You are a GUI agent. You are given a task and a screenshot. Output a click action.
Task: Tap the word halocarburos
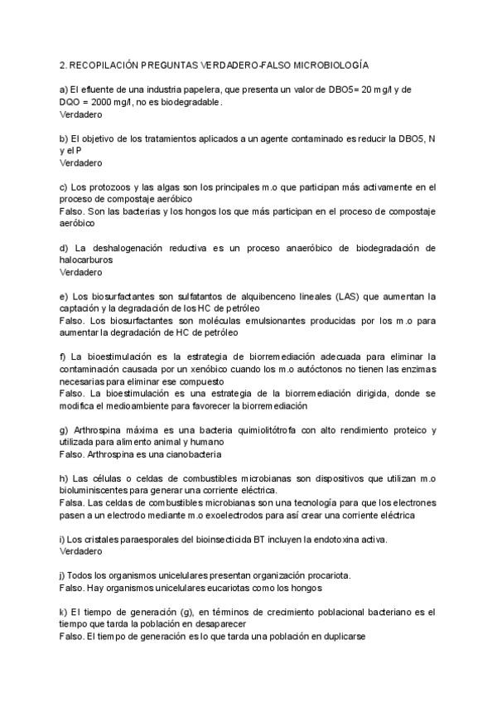[86, 259]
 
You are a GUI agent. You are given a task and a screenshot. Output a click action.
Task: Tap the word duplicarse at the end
[342, 637]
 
